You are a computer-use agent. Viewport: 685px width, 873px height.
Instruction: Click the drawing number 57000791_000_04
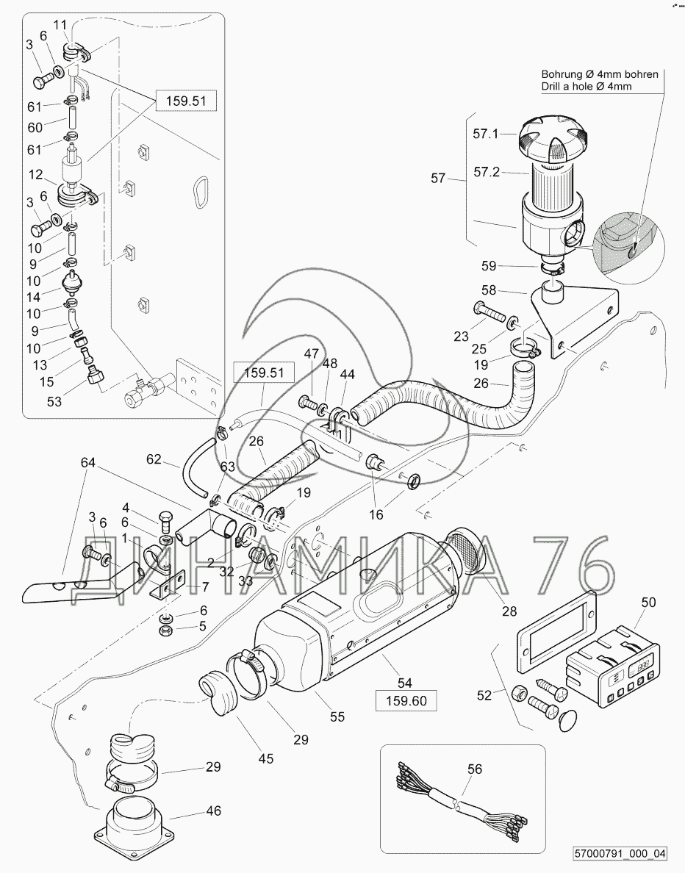pos(618,854)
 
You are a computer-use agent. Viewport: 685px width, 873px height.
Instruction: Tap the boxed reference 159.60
pos(406,700)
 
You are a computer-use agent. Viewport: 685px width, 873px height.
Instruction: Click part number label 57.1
pos(486,134)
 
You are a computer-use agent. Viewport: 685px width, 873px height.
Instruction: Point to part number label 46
pos(213,811)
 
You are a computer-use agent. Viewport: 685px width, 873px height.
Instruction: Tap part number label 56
pos(475,769)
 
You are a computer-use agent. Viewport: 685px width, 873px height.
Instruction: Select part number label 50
pos(648,603)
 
